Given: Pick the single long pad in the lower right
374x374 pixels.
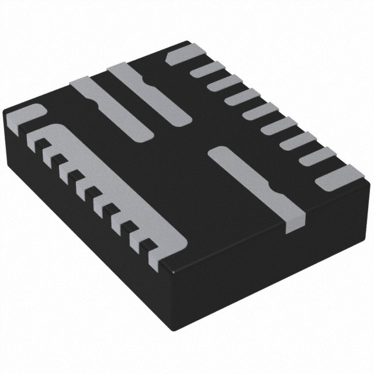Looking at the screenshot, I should [x=257, y=184].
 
